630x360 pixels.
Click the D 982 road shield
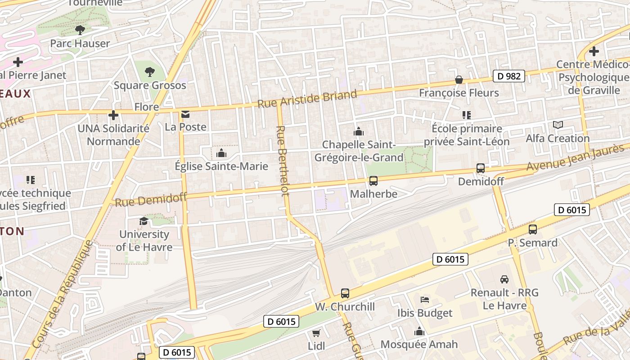pos(509,76)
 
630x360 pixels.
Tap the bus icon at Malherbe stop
pos(373,181)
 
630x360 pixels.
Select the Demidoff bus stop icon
pos(481,168)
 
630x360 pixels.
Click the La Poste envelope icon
pos(185,114)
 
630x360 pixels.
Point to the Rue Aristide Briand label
pos(307,99)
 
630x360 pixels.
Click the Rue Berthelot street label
pos(282,161)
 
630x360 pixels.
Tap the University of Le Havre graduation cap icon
pos(144,221)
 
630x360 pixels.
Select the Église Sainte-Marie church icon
pos(221,153)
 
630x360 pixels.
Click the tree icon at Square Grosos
pos(150,72)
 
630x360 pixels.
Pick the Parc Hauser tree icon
pos(80,30)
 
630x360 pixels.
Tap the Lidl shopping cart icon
pos(316,333)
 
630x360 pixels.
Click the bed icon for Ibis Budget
pos(424,300)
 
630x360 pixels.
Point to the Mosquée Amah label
pos(419,344)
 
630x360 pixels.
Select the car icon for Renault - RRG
pos(504,279)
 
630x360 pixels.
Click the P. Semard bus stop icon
pos(533,229)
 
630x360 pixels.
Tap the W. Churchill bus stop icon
pos(345,293)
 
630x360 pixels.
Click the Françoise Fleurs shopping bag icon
pos(459,80)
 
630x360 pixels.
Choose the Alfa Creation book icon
pos(558,125)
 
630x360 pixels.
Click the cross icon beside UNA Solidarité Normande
pos(113,115)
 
